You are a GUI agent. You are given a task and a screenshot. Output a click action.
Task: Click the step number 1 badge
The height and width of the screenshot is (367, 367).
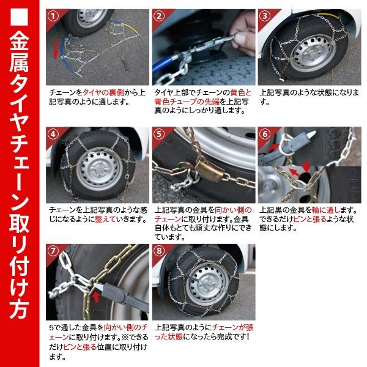54,15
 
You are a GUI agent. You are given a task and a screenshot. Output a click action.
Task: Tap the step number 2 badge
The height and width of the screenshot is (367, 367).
160,15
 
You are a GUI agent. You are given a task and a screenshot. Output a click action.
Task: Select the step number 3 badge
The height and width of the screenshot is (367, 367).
265,15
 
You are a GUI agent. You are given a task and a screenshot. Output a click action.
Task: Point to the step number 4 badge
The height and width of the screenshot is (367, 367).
54,135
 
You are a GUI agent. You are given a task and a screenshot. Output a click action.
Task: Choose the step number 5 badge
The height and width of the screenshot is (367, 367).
160,135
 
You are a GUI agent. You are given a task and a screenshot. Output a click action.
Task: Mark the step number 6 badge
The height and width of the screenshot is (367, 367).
265,135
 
